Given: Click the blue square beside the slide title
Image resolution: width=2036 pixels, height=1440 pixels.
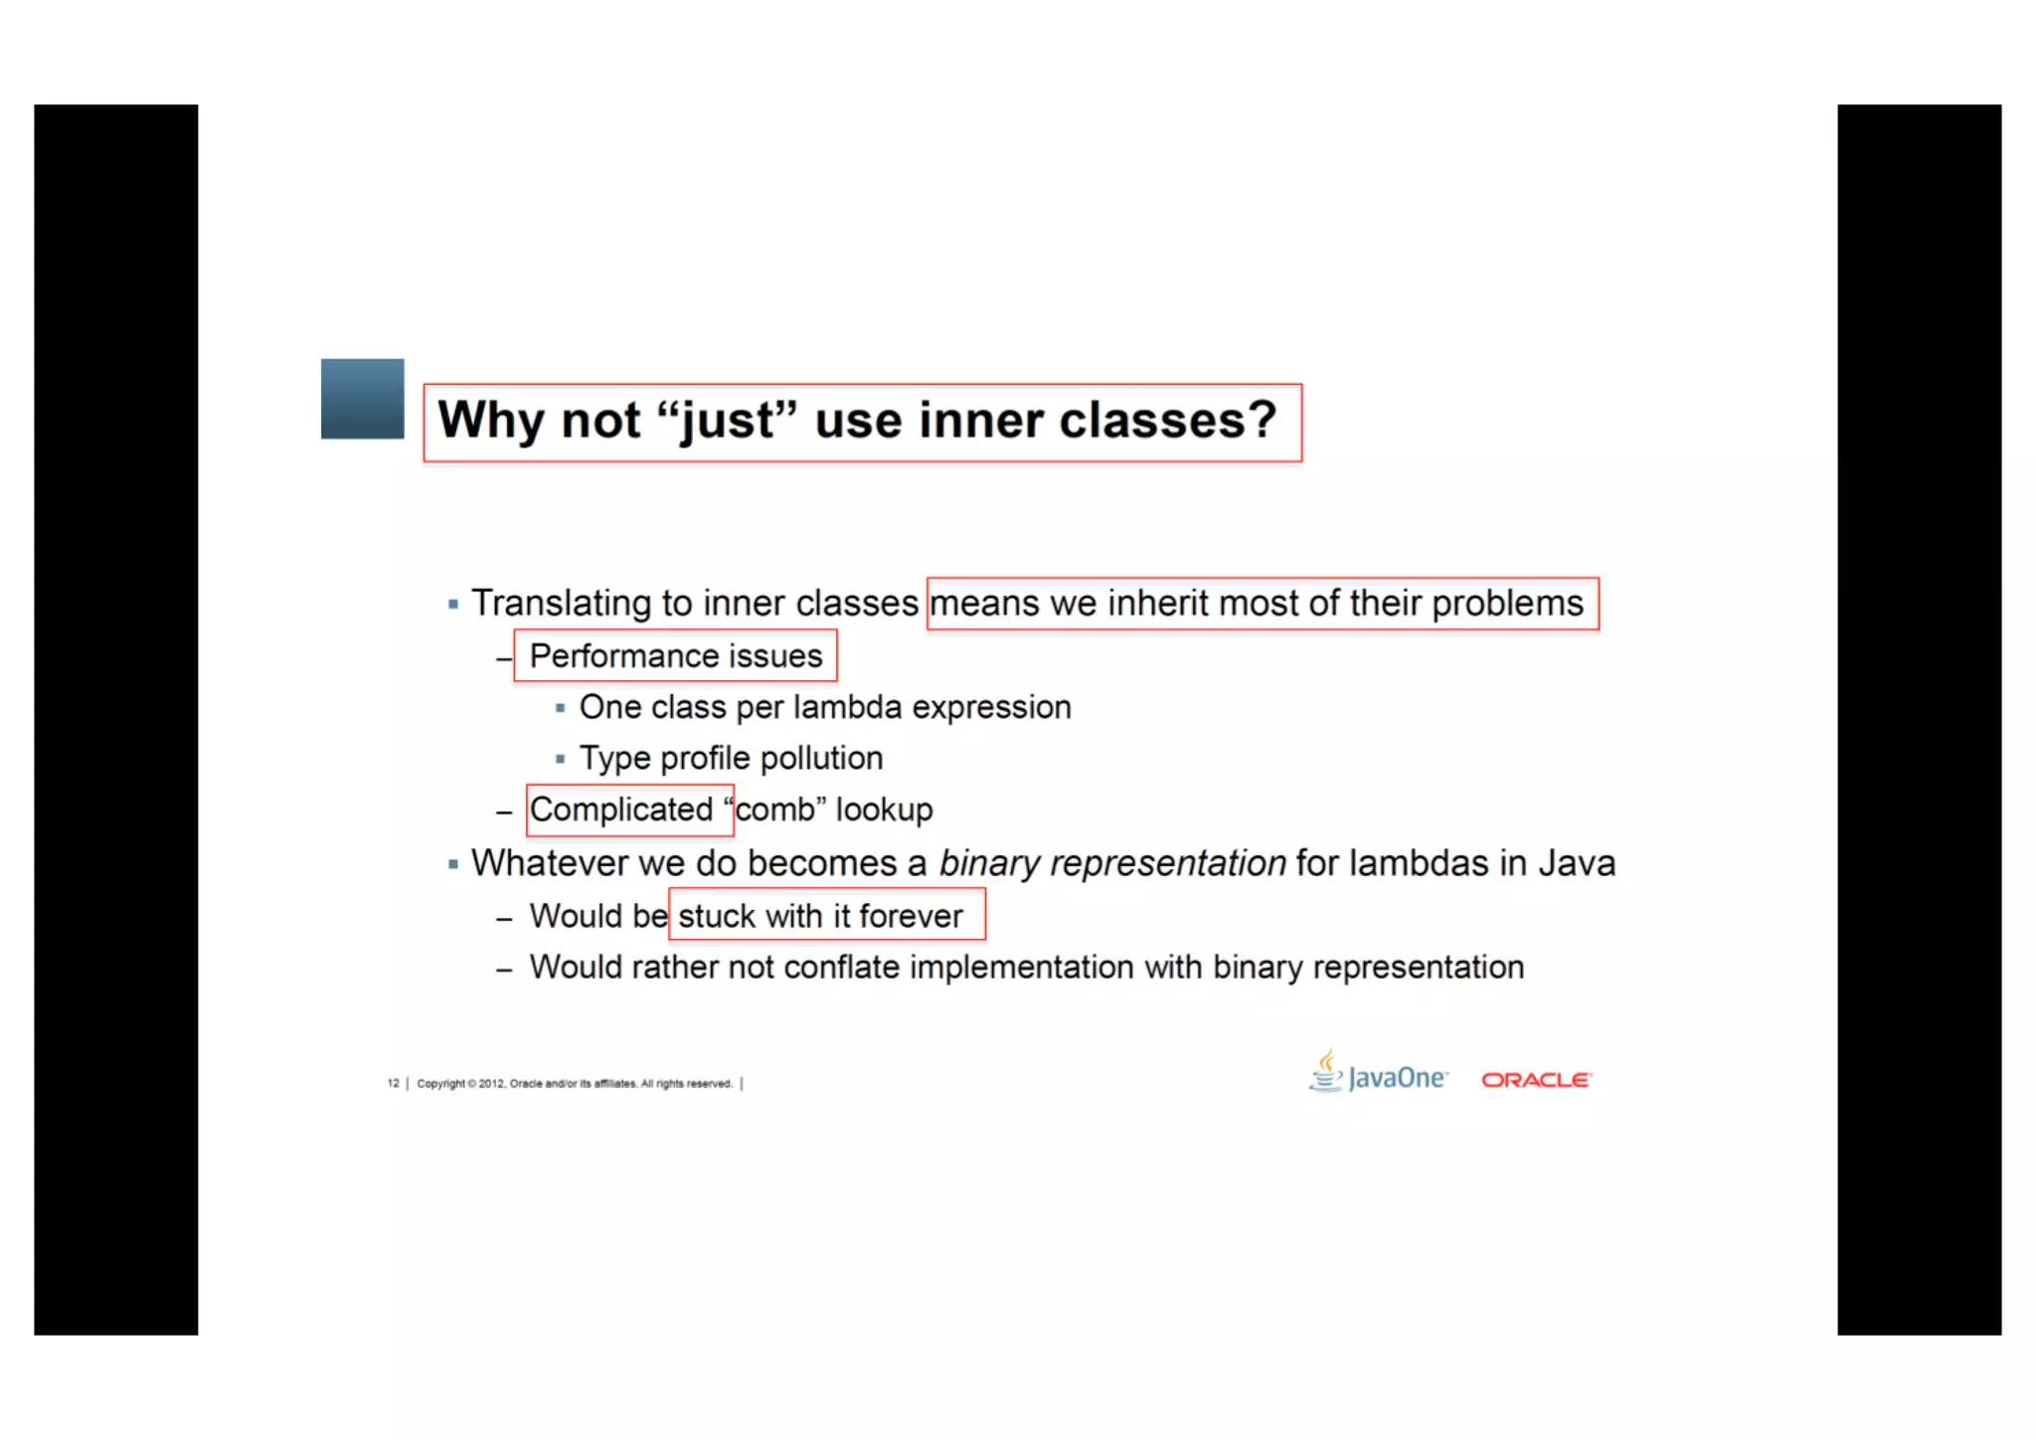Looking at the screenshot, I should [x=362, y=398].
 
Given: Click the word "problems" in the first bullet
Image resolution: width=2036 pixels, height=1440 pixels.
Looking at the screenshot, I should [x=1507, y=604].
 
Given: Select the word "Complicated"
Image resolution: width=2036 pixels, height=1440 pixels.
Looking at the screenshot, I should [x=621, y=810].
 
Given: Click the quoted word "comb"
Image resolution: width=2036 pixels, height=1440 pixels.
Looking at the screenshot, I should [x=774, y=810].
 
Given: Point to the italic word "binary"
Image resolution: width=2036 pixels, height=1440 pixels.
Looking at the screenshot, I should [x=989, y=863].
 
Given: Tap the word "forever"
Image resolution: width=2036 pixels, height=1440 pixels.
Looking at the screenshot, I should [x=911, y=916].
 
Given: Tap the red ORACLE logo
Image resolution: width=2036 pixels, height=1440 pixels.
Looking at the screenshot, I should [x=1536, y=1080].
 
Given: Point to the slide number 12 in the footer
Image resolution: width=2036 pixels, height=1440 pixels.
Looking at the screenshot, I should [x=393, y=1083].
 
